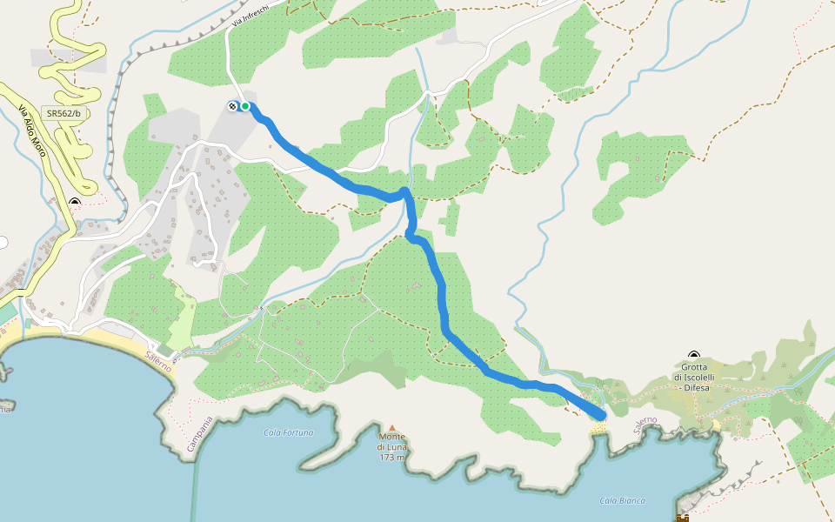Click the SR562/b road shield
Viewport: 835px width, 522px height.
pyautogui.click(x=64, y=113)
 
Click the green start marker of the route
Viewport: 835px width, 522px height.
pyautogui.click(x=245, y=106)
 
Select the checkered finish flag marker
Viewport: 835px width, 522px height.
pyautogui.click(x=233, y=106)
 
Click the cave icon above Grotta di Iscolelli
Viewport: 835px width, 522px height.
pyautogui.click(x=694, y=355)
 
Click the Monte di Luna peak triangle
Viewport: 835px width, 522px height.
pyautogui.click(x=391, y=427)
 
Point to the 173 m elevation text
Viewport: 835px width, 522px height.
pyautogui.click(x=392, y=458)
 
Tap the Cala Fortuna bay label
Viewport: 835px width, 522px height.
pyautogui.click(x=288, y=432)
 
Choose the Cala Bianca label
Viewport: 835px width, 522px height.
pyautogui.click(x=623, y=500)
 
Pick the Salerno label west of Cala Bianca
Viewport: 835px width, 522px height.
pyautogui.click(x=645, y=425)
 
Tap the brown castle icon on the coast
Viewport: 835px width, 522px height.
pyautogui.click(x=683, y=518)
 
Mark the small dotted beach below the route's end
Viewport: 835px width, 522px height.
pyautogui.click(x=598, y=429)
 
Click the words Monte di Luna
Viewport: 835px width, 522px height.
pyautogui.click(x=392, y=442)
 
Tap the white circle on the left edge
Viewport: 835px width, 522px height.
pyautogui.click(x=3, y=242)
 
